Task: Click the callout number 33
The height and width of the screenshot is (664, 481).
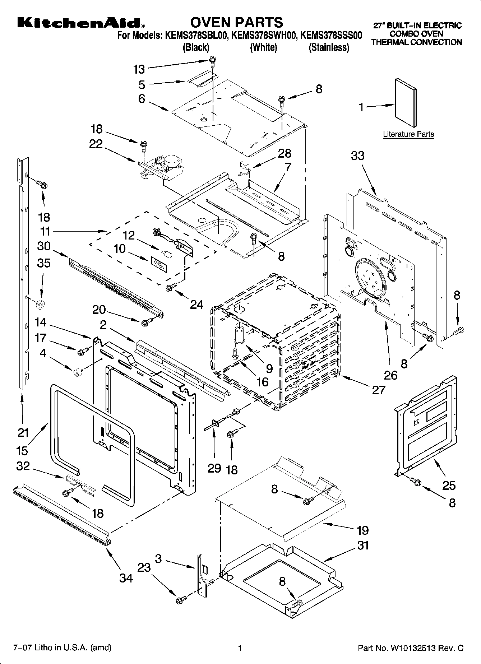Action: click(357, 156)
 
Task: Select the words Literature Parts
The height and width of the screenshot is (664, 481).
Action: click(408, 134)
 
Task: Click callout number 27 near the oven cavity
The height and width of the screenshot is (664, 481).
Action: click(379, 390)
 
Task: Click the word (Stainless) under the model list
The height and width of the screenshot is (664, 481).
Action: click(329, 47)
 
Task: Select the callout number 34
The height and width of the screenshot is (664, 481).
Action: click(126, 578)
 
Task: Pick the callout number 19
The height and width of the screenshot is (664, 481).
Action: click(363, 530)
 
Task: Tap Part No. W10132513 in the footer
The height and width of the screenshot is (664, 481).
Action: click(411, 648)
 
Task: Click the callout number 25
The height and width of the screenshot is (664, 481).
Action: click(449, 486)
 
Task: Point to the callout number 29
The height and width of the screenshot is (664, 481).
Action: click(214, 468)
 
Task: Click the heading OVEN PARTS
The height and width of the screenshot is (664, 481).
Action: click(236, 22)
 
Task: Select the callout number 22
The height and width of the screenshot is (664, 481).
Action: click(96, 144)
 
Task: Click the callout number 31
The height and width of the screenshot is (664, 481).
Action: click(363, 545)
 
